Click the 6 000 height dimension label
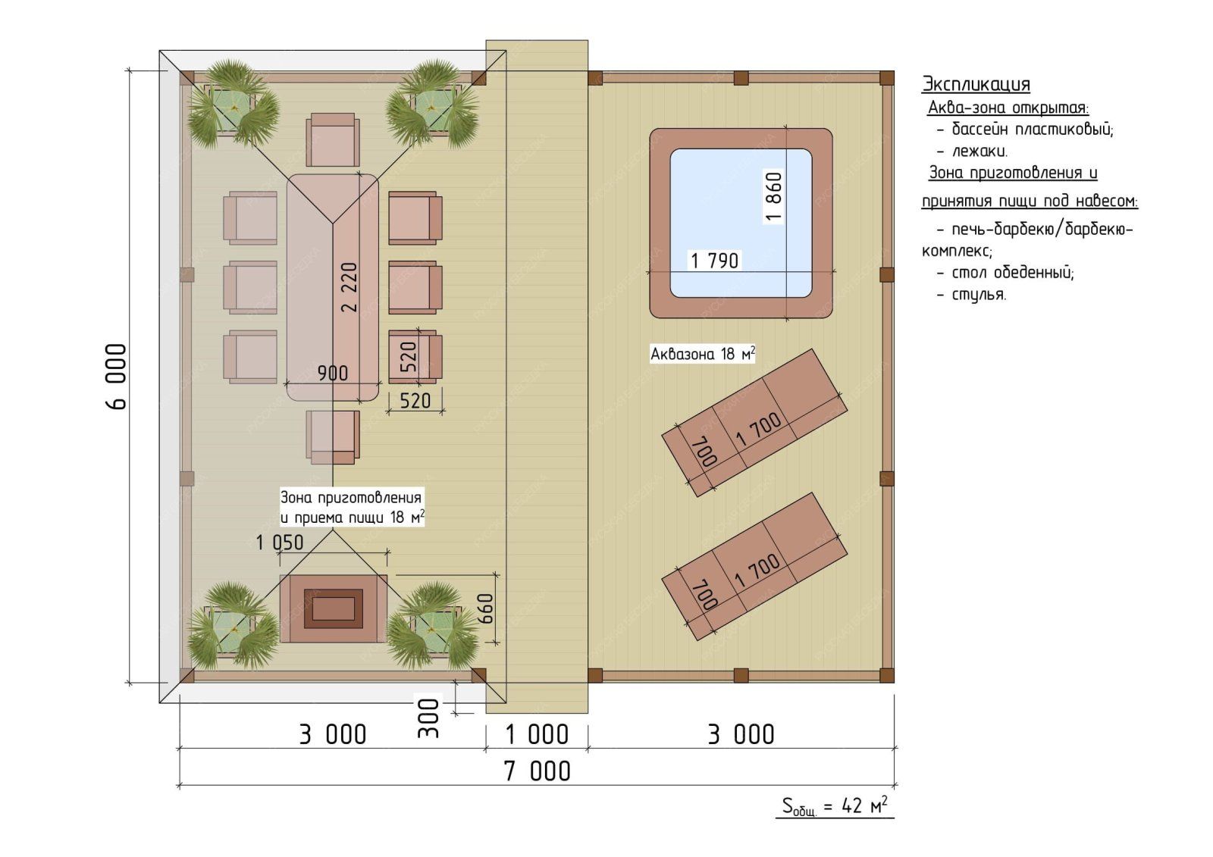click(x=115, y=377)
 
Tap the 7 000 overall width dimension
click(x=537, y=771)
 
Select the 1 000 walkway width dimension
click(x=537, y=735)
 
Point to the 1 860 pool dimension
click(x=774, y=197)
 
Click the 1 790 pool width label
click(x=715, y=261)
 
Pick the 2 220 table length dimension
click(x=349, y=287)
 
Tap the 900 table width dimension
click(x=333, y=373)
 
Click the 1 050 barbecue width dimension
click(x=280, y=543)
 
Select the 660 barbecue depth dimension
click(x=486, y=608)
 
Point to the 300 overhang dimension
click(x=428, y=718)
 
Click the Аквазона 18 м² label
click(x=702, y=354)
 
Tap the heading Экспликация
click(x=976, y=84)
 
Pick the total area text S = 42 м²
click(x=835, y=806)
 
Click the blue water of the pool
click(x=741, y=223)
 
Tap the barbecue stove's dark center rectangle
click(x=333, y=608)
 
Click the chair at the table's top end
click(x=333, y=139)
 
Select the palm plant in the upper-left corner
click(x=234, y=105)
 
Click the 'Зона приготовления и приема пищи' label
click(x=352, y=507)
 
